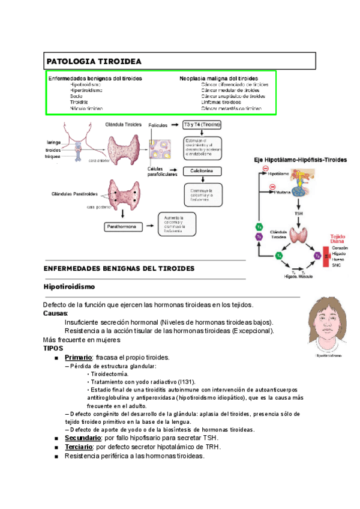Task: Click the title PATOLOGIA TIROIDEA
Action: (94, 61)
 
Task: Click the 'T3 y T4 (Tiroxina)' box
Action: (202, 124)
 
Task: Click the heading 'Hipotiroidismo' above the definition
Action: (69, 287)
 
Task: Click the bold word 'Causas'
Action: (56, 313)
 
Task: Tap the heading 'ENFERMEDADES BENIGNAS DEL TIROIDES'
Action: (119, 268)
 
